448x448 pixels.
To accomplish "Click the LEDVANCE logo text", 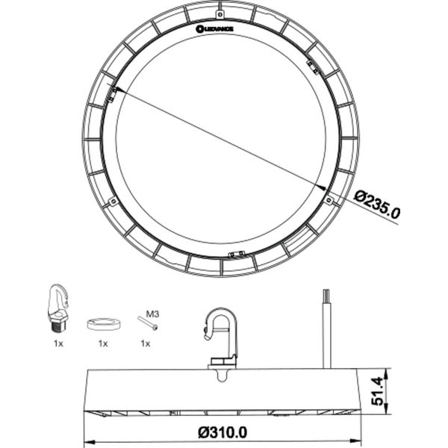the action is click(215, 29).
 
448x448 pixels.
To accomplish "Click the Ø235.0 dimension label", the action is click(377, 204).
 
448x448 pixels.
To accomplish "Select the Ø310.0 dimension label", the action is click(223, 432).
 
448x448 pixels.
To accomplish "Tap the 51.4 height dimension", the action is click(377, 391).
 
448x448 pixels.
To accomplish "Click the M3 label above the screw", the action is click(152, 314).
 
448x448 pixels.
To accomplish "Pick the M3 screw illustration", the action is click(147, 323).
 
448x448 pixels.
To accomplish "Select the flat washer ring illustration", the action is click(103, 324).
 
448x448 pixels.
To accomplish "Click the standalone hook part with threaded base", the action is click(58, 308).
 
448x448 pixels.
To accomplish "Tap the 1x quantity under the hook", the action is click(58, 343).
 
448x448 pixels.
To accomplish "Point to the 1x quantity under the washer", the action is click(103, 343).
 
